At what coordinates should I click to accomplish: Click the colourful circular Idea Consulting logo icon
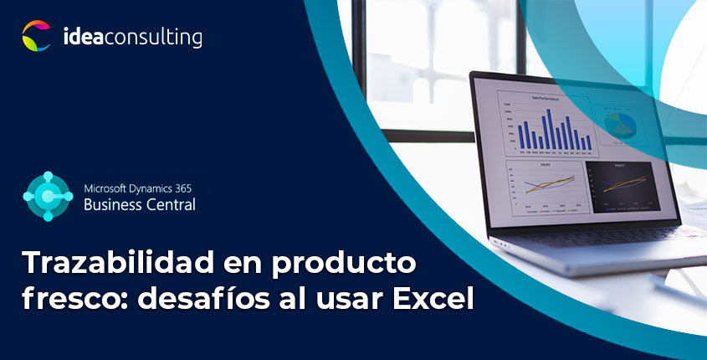37,36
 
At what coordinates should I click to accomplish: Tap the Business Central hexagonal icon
48,195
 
